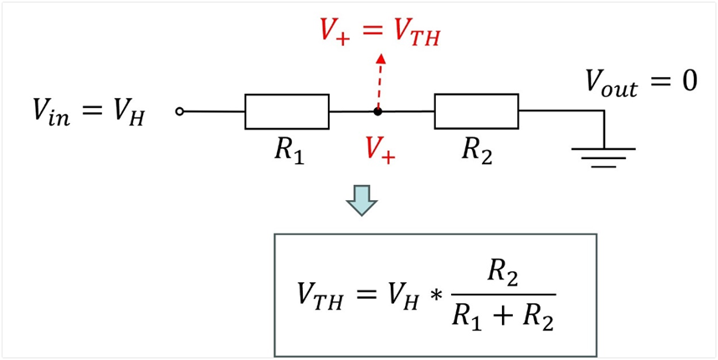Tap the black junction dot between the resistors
(x=377, y=111)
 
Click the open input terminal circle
(x=180, y=111)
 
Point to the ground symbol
(x=603, y=157)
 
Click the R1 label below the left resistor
(x=290, y=152)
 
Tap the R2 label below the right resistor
(x=477, y=152)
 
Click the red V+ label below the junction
(x=381, y=152)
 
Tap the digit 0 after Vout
(x=686, y=82)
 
